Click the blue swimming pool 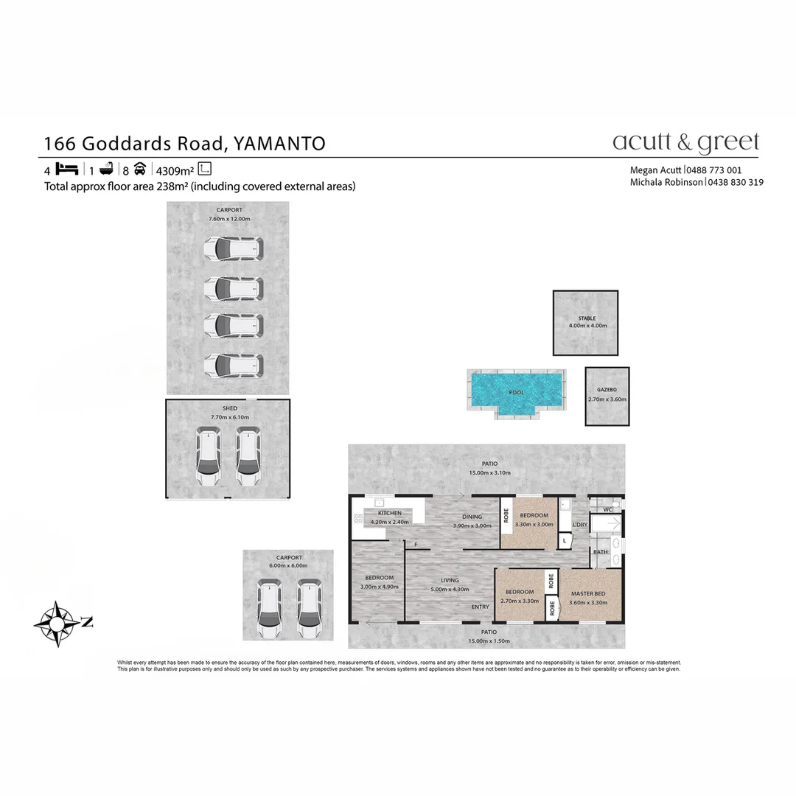pyautogui.click(x=516, y=391)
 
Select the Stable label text pyautogui.click(x=587, y=318)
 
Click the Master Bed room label pyautogui.click(x=588, y=593)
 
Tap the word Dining pyautogui.click(x=472, y=517)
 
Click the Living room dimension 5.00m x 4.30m pyautogui.click(x=449, y=589)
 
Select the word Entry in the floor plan pyautogui.click(x=480, y=607)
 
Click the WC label pyautogui.click(x=607, y=509)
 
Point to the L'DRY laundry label pyautogui.click(x=579, y=525)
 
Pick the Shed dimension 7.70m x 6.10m pyautogui.click(x=230, y=417)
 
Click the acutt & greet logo pyautogui.click(x=685, y=142)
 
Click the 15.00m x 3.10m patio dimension pyautogui.click(x=489, y=473)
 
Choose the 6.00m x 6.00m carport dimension pyautogui.click(x=288, y=566)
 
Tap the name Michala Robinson pyautogui.click(x=666, y=182)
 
